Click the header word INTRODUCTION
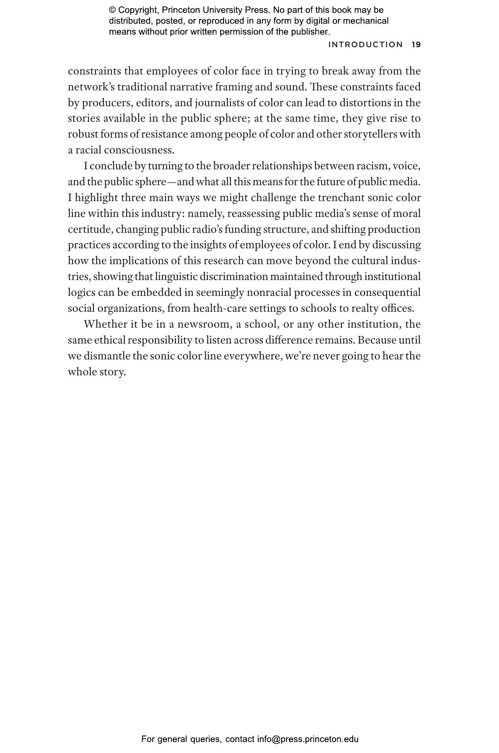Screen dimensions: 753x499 tap(365, 45)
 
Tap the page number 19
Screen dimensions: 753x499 tap(416, 45)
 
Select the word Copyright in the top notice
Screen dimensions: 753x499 tap(137, 10)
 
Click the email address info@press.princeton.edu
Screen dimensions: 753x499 tap(308, 739)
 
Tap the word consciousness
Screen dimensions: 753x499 tap(139, 150)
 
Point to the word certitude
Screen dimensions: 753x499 tap(90, 230)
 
